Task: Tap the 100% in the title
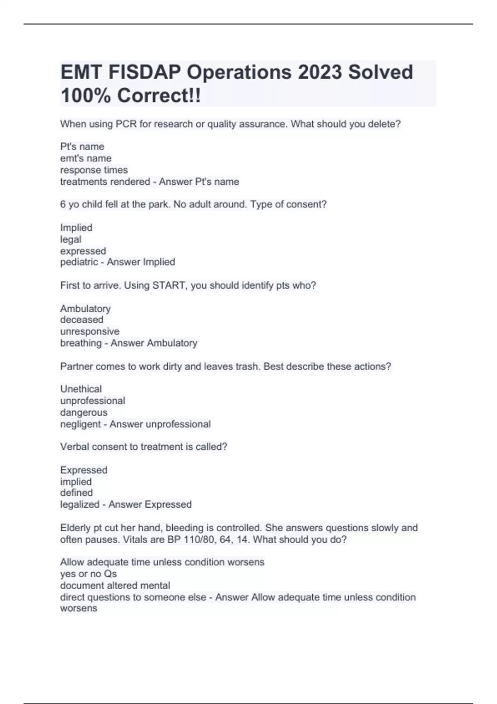[86, 96]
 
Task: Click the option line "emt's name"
[86, 158]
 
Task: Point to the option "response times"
[94, 170]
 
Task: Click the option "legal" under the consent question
[71, 239]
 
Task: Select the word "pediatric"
[79, 262]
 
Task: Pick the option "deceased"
[82, 320]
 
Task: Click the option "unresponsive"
[90, 331]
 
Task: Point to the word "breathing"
[81, 343]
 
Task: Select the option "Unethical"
[81, 389]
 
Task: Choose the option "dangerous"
[84, 412]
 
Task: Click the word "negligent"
[80, 424]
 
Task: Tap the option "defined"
[77, 493]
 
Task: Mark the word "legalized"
[80, 504]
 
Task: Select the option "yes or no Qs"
[89, 574]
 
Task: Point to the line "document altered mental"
[115, 586]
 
